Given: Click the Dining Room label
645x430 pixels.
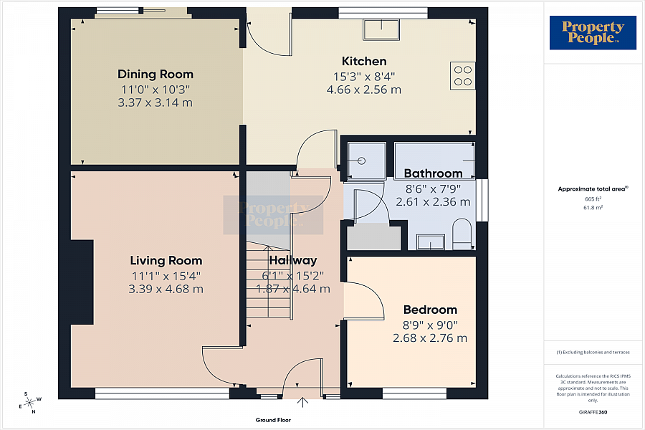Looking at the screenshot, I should tap(156, 75).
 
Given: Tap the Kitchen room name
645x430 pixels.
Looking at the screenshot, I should tap(363, 62).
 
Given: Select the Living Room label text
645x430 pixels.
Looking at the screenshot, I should tap(166, 261).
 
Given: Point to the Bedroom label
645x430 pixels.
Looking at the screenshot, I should tap(430, 310).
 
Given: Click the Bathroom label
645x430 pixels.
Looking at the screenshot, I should tap(433, 173).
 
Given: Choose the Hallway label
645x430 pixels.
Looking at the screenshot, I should tap(293, 261).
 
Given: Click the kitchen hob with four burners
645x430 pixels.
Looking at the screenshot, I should tap(462, 75).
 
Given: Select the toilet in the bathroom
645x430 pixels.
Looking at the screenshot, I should tap(462, 234).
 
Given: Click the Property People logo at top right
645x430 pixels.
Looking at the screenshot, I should tap(592, 32).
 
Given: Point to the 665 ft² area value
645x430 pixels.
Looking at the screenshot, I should tap(592, 199).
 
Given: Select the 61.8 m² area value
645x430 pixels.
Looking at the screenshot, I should tap(593, 206).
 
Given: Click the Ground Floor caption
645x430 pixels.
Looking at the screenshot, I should tap(273, 420).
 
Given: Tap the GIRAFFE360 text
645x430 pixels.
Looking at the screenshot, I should tap(593, 414).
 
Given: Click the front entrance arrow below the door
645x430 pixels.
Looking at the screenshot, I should tap(302, 403).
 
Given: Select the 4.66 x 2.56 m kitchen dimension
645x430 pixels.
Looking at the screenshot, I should tap(363, 90).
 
